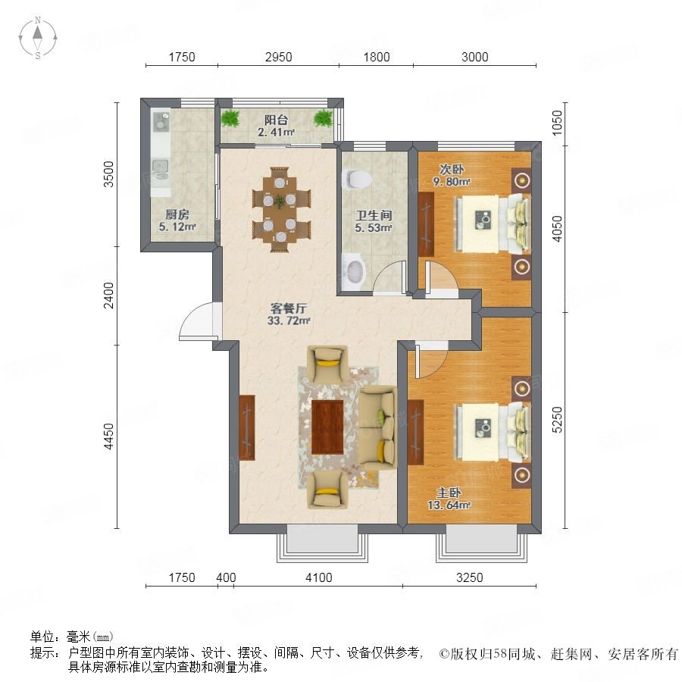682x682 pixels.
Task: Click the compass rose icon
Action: [38, 38]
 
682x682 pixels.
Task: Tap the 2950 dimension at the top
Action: [278, 57]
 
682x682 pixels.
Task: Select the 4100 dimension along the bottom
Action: [319, 577]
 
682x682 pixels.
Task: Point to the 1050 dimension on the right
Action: [557, 123]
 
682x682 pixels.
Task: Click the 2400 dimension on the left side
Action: [108, 296]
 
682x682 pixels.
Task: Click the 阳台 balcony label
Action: [276, 120]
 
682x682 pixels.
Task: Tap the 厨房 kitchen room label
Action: [177, 214]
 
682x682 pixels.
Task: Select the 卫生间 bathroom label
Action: [374, 215]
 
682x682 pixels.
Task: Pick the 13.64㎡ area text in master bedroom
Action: [449, 505]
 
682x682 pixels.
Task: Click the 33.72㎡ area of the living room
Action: [289, 321]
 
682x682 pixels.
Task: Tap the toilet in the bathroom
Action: [357, 179]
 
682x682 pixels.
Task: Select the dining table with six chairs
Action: [281, 210]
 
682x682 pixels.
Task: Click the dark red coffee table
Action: [327, 427]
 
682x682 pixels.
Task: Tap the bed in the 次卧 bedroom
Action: [493, 223]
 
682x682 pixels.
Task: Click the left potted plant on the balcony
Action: [230, 118]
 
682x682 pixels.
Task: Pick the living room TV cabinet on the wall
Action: [246, 427]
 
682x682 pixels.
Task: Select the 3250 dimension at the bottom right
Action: [469, 577]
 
